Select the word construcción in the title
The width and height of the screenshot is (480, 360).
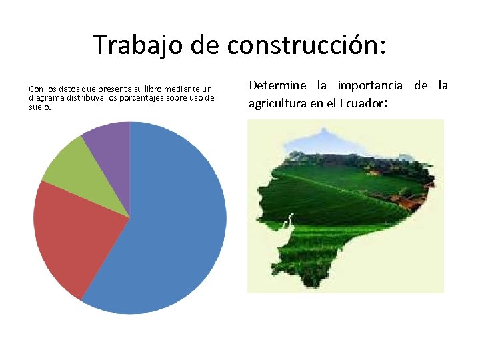pyautogui.click(x=305, y=45)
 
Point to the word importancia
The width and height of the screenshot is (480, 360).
pyautogui.click(x=370, y=85)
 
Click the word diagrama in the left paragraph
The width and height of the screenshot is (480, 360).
pyautogui.click(x=46, y=97)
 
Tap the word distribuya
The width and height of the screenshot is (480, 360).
pyautogui.click(x=89, y=97)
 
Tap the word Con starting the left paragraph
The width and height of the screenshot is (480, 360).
pyautogui.click(x=35, y=89)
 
